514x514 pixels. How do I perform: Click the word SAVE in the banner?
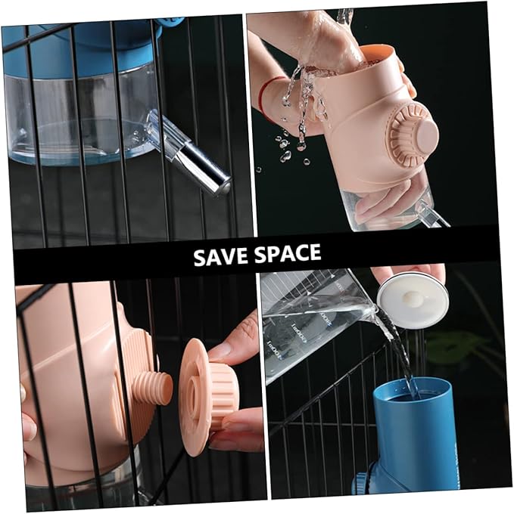[220, 255]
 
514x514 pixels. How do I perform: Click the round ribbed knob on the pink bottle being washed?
[412, 135]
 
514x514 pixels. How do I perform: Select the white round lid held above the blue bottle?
[413, 299]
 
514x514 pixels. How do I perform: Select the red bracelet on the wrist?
[264, 95]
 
